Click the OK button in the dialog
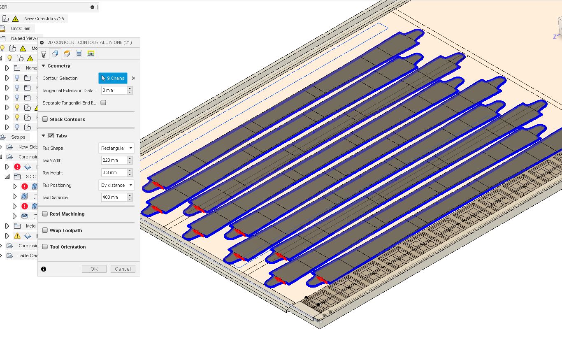tap(94, 269)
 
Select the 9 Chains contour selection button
tap(113, 78)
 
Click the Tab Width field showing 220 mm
tap(114, 160)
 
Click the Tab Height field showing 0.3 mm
tap(114, 173)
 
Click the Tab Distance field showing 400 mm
tap(114, 197)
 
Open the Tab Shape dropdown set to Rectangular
tap(116, 148)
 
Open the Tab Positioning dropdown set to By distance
tap(116, 185)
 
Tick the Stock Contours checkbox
tap(45, 119)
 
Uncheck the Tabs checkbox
tap(51, 136)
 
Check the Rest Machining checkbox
tap(45, 214)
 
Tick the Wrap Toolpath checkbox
tap(45, 230)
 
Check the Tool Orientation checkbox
tap(45, 247)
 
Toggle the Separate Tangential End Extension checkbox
tap(103, 103)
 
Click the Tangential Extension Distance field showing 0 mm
tap(114, 91)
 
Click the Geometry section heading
tap(59, 66)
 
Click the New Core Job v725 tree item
tap(44, 19)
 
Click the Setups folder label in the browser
tap(18, 137)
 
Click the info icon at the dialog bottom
tap(44, 269)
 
